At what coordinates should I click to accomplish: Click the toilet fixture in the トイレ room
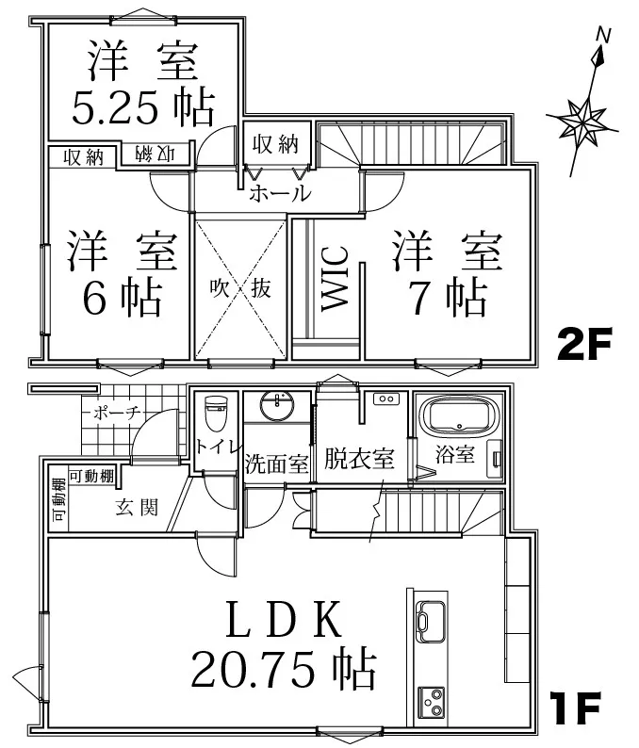pyautogui.click(x=215, y=414)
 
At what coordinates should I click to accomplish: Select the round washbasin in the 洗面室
pyautogui.click(x=277, y=406)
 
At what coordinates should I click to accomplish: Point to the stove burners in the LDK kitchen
pyautogui.click(x=432, y=701)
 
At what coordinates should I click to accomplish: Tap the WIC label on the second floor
pyautogui.click(x=335, y=279)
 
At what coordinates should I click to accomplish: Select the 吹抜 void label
pyautogui.click(x=241, y=287)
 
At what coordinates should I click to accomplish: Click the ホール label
pyautogui.click(x=280, y=193)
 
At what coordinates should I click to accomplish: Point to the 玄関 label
pyautogui.click(x=137, y=508)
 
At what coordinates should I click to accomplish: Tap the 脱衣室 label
pyautogui.click(x=359, y=459)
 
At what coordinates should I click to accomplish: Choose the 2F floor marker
pyautogui.click(x=584, y=345)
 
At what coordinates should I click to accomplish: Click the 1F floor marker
pyautogui.click(x=575, y=708)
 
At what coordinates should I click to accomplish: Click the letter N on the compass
pyautogui.click(x=604, y=35)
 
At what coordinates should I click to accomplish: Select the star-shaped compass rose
pyautogui.click(x=582, y=122)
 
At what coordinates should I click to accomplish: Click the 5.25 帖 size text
pyautogui.click(x=142, y=106)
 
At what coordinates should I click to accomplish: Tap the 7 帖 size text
pyautogui.click(x=448, y=297)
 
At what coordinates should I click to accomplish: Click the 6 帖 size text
pyautogui.click(x=123, y=297)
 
